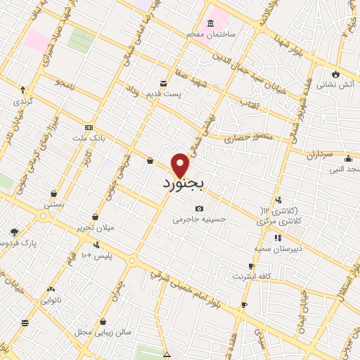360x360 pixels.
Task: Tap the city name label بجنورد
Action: [182, 185]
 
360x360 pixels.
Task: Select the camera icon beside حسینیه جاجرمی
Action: [200, 209]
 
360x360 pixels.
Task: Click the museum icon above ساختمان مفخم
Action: [212, 23]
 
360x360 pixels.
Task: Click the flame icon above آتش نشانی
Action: [336, 73]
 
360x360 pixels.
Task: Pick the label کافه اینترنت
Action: [253, 276]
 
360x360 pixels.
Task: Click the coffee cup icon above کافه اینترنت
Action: [252, 266]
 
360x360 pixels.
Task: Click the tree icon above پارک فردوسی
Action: [14, 231]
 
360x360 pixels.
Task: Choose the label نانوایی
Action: [51, 300]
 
